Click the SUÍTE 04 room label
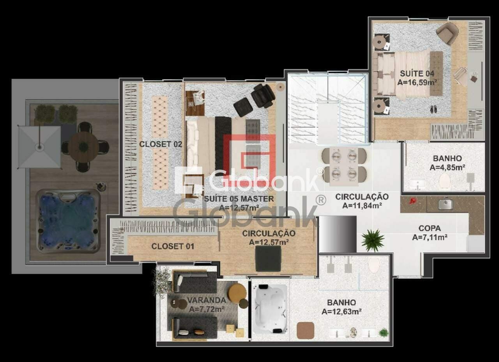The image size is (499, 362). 417,73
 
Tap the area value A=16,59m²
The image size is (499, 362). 417,82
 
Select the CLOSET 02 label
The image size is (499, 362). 161,144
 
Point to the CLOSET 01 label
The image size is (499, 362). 173,246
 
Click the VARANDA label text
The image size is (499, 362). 206,300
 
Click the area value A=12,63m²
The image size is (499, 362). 341,311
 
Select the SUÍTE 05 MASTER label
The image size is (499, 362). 239,199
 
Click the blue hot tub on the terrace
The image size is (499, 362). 68,221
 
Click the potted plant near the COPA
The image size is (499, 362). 372,240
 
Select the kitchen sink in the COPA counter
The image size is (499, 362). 445,203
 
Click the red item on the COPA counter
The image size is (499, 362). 413,202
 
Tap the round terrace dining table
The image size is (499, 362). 83,146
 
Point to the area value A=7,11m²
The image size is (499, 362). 430,237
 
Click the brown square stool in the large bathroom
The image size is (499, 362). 305,330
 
